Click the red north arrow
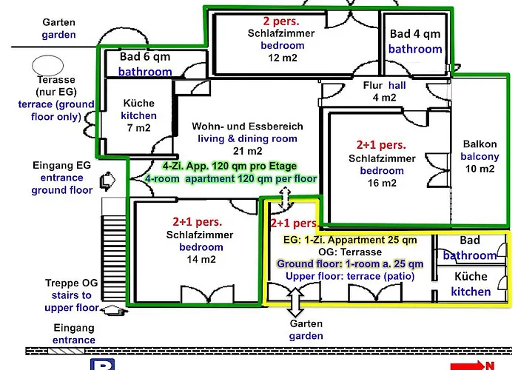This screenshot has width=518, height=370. coord(468,366)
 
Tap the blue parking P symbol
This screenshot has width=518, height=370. coord(102,364)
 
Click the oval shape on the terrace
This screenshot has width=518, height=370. coord(47,65)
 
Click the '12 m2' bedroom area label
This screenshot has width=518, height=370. coord(283,58)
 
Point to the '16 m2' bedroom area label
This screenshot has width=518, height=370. coord(382,183)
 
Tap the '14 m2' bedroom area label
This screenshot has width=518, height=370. coord(201,260)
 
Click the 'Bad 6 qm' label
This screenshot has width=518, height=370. coord(145,57)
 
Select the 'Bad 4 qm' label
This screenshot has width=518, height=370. coord(415,34)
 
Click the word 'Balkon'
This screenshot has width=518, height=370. coord(480,144)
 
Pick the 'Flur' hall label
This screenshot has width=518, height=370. coord(372,85)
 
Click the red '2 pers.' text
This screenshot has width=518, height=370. coord(281,21)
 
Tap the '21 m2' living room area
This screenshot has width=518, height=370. coord(247,151)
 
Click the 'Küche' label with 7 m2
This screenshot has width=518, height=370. coord(139,103)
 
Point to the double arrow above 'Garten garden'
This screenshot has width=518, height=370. coord(295,303)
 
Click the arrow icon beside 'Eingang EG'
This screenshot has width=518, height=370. coord(108,181)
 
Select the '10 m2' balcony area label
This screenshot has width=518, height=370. coord(480,169)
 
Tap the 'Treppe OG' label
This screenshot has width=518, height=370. coord(72,283)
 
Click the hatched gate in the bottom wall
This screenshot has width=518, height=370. coord(66,351)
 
